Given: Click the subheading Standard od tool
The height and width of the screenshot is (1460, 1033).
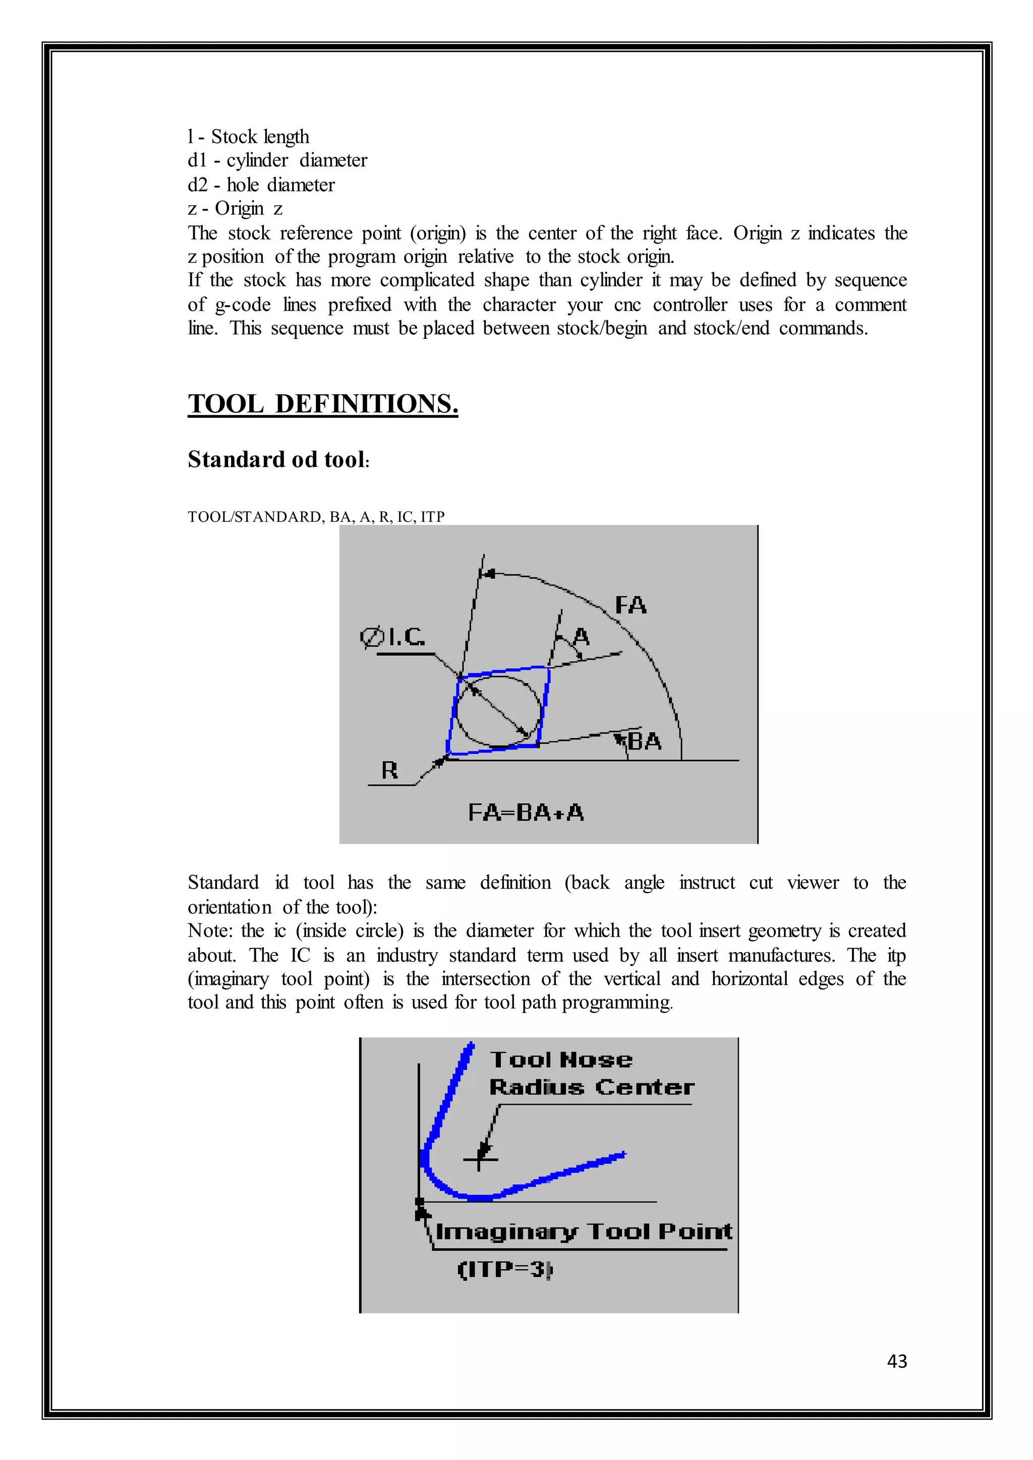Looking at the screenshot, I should click(x=277, y=460).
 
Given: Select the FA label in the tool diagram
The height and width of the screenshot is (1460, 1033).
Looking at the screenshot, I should click(x=630, y=605).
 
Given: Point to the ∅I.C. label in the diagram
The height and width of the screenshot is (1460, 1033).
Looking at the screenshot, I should click(x=392, y=637).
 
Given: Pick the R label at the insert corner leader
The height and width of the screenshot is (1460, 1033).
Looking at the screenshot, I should click(x=389, y=771).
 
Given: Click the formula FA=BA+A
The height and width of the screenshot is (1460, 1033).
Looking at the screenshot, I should click(x=526, y=813).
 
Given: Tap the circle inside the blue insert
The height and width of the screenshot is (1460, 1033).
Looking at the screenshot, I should click(x=499, y=711).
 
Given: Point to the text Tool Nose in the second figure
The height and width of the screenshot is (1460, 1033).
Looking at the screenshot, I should click(x=561, y=1059).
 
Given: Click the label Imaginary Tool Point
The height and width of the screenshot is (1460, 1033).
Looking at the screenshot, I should click(x=583, y=1232).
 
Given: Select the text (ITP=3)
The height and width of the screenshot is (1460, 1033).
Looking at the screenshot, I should click(x=505, y=1269).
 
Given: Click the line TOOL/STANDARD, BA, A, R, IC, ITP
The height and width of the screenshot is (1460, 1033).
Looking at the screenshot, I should click(x=316, y=516).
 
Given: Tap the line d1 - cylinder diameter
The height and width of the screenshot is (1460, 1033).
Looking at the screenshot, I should click(x=277, y=160).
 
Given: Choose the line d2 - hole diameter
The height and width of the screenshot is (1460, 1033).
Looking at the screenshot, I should click(x=261, y=185).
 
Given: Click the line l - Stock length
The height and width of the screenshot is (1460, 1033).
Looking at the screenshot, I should click(x=248, y=137).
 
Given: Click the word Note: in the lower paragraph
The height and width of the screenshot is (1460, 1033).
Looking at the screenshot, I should click(x=210, y=931).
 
